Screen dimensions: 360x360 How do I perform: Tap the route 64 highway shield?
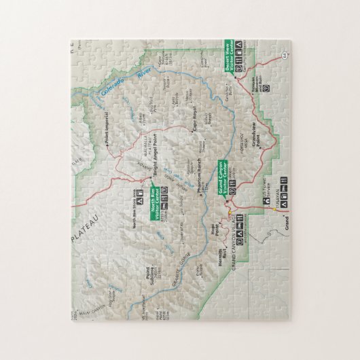click(283, 52)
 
